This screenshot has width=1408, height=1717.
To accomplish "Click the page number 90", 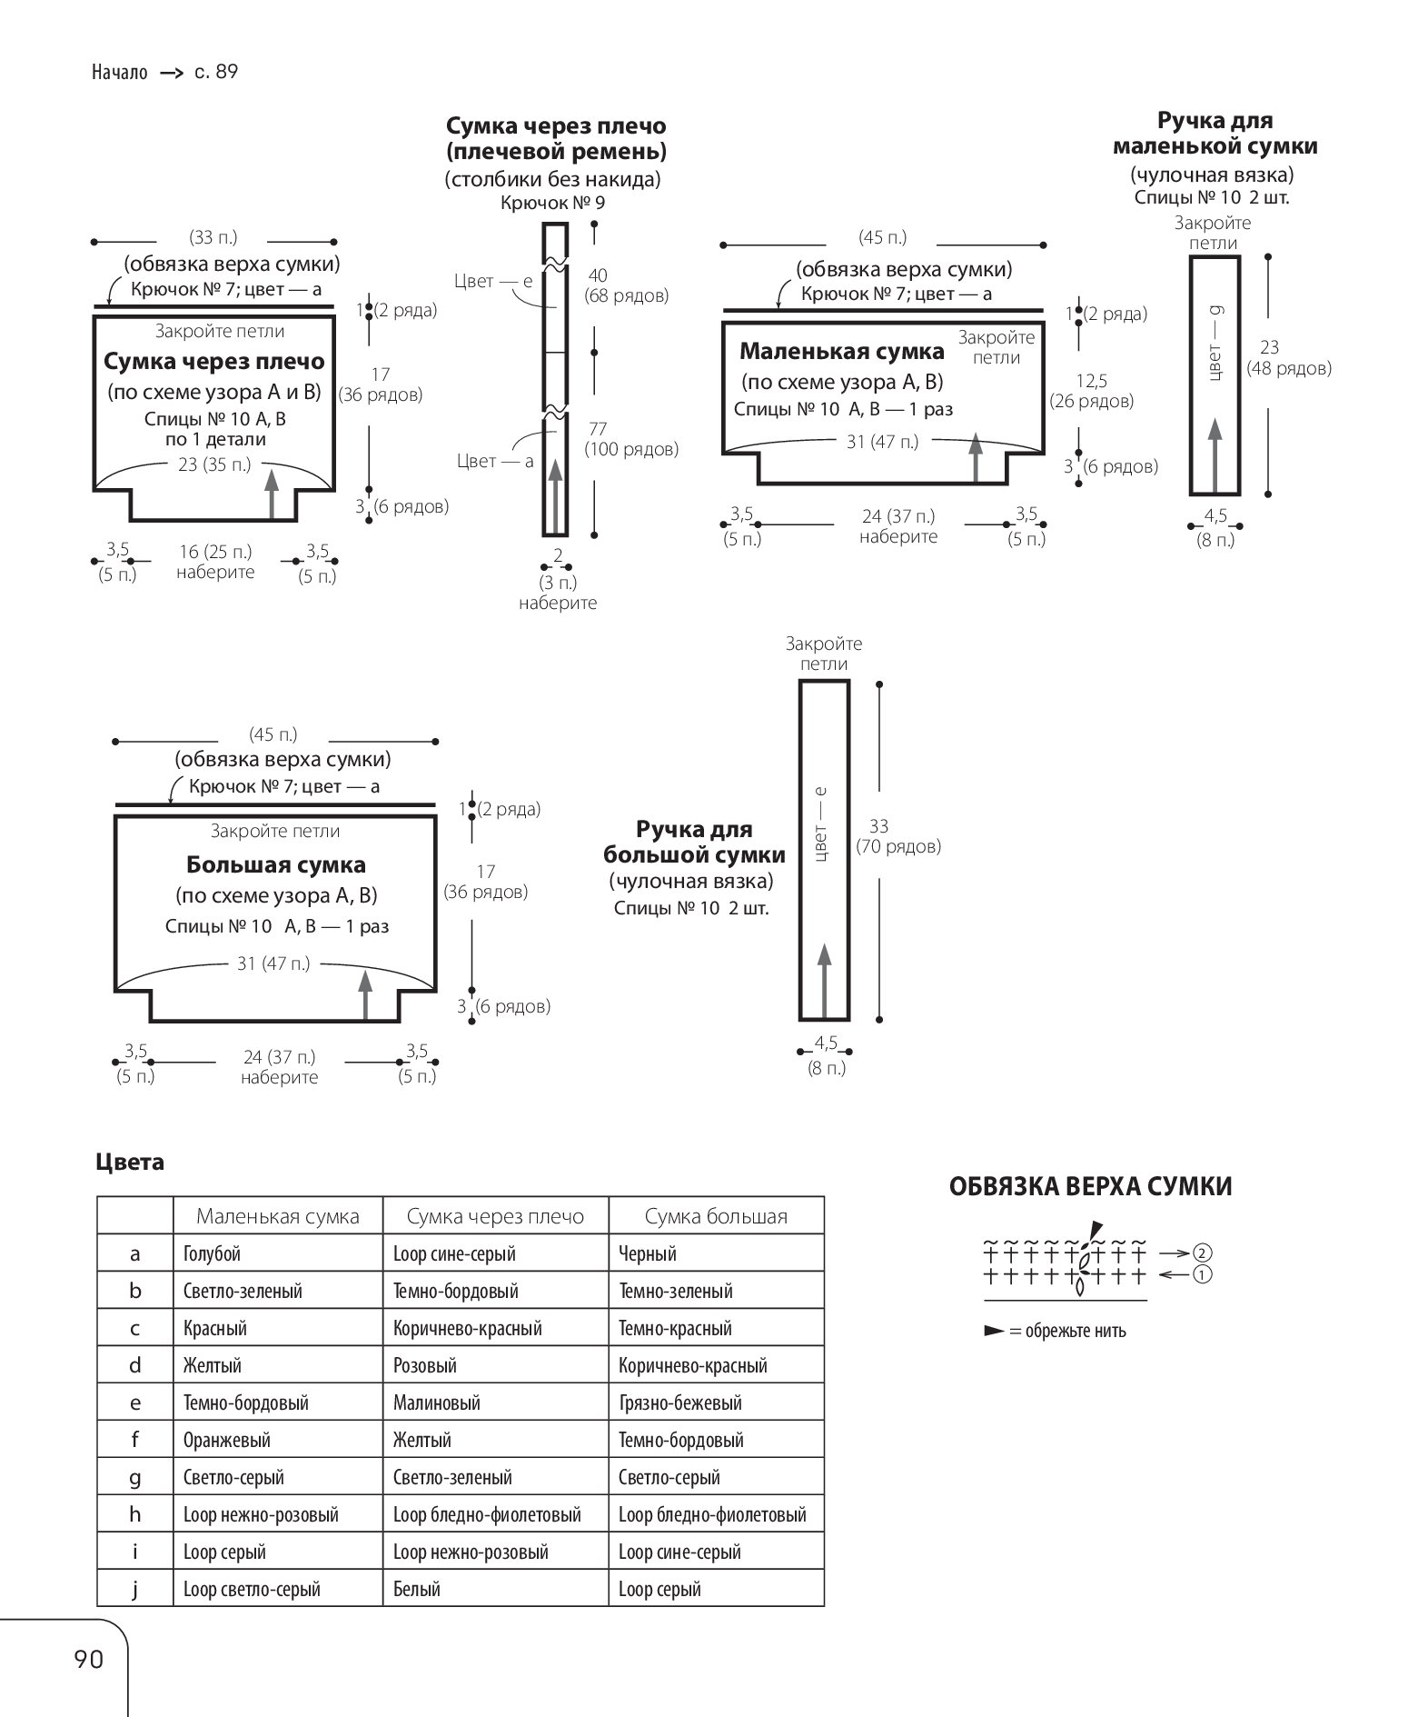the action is coord(89,1659).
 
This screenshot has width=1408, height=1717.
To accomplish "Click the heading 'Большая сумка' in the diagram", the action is coord(276,864).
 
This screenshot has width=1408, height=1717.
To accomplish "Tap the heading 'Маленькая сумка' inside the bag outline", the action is coord(842,351).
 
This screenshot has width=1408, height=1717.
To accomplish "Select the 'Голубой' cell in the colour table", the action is coord(212,1253).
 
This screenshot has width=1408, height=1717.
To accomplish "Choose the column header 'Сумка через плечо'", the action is coord(495,1216).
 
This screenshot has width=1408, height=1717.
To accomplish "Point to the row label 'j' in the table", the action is coord(135,1590).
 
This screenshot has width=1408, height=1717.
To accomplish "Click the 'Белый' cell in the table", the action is coord(417,1589).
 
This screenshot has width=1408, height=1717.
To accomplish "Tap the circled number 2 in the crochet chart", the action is coord(1205,1253).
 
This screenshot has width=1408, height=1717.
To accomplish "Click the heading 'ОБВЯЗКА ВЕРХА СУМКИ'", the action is coord(1091,1186).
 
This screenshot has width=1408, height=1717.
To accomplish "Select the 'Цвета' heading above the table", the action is coord(130,1163).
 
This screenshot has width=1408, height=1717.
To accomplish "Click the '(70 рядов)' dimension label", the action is coord(898,847).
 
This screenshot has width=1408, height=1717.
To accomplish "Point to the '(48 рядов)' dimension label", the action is coord(1289,368).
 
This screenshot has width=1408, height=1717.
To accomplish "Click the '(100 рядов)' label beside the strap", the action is coord(631,449).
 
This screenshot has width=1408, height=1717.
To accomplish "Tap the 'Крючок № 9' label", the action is coord(552,203).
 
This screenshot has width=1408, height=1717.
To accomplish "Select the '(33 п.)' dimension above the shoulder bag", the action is coord(213,237).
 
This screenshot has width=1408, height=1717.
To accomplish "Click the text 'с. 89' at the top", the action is coord(216,72).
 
